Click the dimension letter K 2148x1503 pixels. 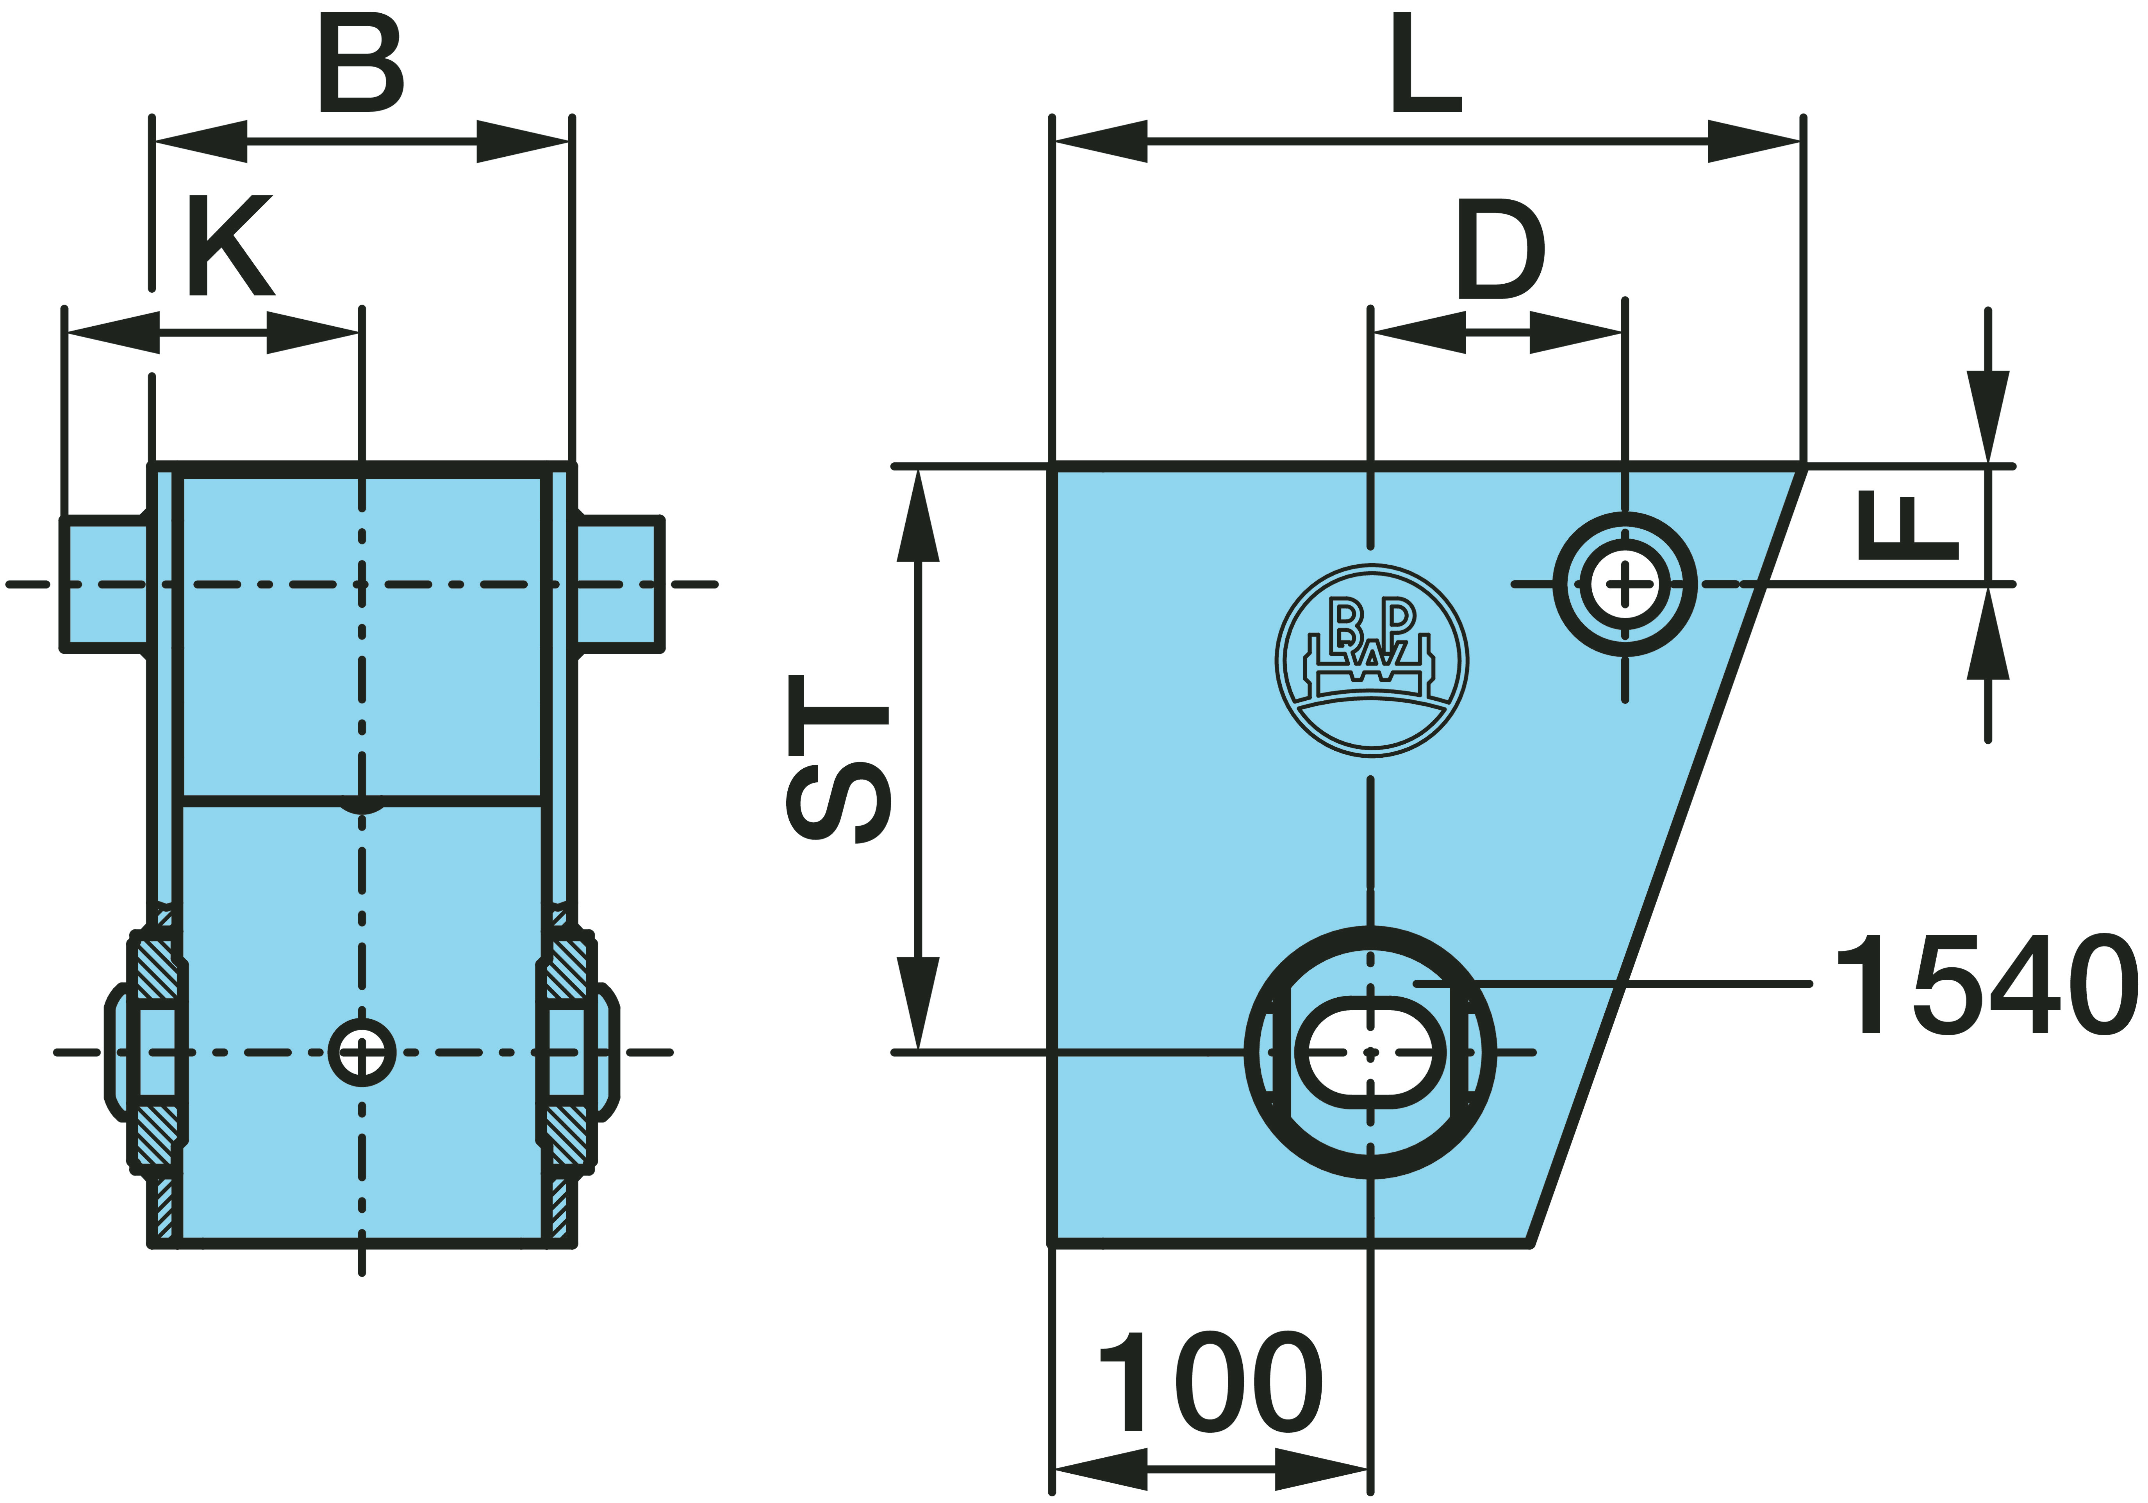click(x=230, y=245)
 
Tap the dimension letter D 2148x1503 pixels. click(x=1500, y=249)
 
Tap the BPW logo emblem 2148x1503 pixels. click(x=1372, y=661)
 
